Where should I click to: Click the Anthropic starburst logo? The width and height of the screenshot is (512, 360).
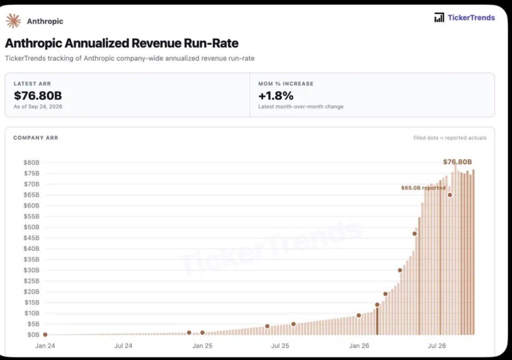click(x=13, y=21)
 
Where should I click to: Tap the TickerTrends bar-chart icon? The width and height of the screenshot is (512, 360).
click(x=439, y=17)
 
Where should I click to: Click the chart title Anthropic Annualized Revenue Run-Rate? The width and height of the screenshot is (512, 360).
click(x=122, y=43)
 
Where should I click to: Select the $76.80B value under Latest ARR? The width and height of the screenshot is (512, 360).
click(x=38, y=96)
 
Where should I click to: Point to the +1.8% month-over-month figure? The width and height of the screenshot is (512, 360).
click(x=276, y=96)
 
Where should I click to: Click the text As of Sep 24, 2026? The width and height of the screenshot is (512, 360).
click(x=38, y=106)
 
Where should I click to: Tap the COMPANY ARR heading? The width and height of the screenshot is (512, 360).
click(x=36, y=138)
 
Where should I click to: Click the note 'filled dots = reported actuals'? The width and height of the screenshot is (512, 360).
click(x=450, y=138)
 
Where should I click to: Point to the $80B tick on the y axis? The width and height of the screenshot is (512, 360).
click(x=31, y=162)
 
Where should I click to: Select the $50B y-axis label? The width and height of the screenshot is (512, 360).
click(x=31, y=227)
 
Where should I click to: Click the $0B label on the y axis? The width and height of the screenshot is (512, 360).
click(x=33, y=335)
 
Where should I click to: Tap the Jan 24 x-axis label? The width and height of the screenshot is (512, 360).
click(x=45, y=346)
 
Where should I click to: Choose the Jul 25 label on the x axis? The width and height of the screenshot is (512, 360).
click(x=280, y=346)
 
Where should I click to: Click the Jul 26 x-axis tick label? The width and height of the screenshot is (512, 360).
click(x=437, y=346)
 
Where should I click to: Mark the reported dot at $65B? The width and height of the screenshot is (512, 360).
click(x=450, y=195)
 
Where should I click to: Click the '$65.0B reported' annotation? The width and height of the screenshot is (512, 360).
click(x=423, y=188)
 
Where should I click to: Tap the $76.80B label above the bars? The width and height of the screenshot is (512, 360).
click(x=457, y=162)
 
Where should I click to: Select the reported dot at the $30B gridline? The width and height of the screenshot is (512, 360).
click(x=400, y=270)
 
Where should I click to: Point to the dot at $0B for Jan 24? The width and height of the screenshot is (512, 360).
click(x=45, y=335)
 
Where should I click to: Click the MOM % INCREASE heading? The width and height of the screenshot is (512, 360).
click(x=286, y=84)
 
